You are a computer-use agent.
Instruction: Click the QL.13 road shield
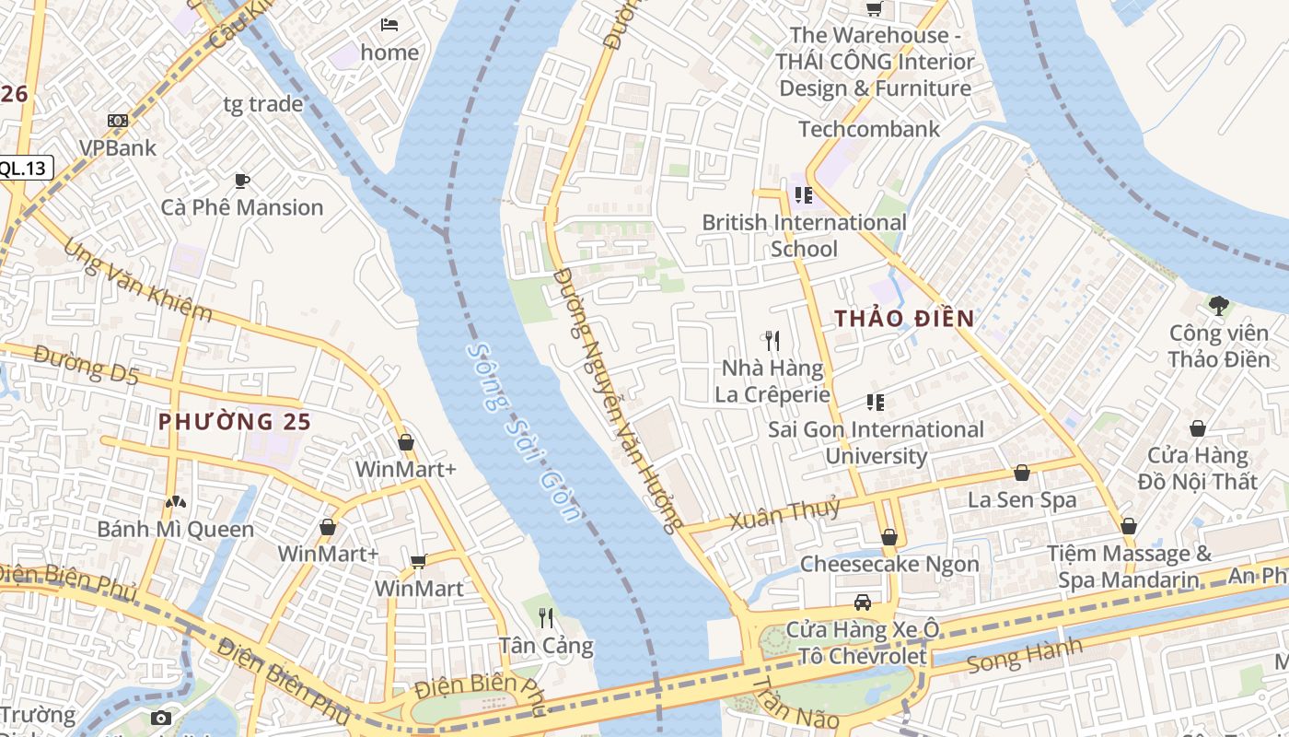(x=25, y=168)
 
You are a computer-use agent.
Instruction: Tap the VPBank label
(x=117, y=147)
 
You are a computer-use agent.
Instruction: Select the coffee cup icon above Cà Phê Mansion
(x=242, y=181)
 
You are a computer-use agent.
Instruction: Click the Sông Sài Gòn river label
(x=523, y=432)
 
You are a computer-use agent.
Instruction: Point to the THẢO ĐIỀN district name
(x=904, y=319)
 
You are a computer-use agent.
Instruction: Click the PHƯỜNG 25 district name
(x=235, y=422)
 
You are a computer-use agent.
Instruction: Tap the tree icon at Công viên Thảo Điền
(x=1219, y=305)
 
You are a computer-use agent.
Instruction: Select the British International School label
(x=804, y=235)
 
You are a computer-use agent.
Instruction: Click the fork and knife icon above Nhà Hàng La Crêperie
(x=772, y=341)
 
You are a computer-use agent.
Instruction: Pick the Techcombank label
(x=869, y=129)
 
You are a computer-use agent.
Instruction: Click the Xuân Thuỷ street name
(x=785, y=513)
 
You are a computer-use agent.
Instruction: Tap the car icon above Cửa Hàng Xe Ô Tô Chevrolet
(x=863, y=602)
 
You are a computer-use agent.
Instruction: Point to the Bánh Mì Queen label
(x=175, y=529)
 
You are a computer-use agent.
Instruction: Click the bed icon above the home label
(x=389, y=24)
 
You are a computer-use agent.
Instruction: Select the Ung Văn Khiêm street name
(x=138, y=281)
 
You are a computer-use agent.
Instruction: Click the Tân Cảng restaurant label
(x=546, y=645)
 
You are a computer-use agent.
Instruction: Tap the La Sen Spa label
(x=1021, y=500)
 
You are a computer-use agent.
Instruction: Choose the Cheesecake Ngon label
(x=889, y=564)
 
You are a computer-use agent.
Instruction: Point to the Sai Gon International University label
(x=876, y=442)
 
